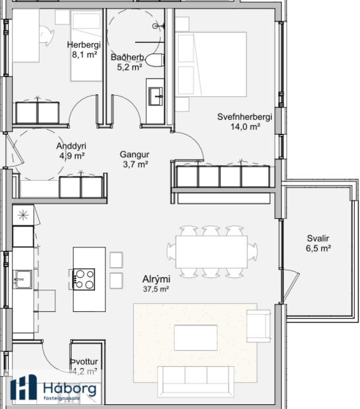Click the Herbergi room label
pyautogui.click(x=82, y=50)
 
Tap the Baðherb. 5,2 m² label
pyautogui.click(x=127, y=62)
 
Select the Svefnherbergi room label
pyautogui.click(x=245, y=122)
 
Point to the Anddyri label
pyautogui.click(x=72, y=151)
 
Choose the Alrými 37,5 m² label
pyautogui.click(x=156, y=283)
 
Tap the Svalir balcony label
pyautogui.click(x=318, y=243)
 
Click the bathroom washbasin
pyautogui.click(x=156, y=96)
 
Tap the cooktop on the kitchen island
pyautogui.click(x=84, y=279)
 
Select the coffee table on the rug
pyautogui.click(x=195, y=337)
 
